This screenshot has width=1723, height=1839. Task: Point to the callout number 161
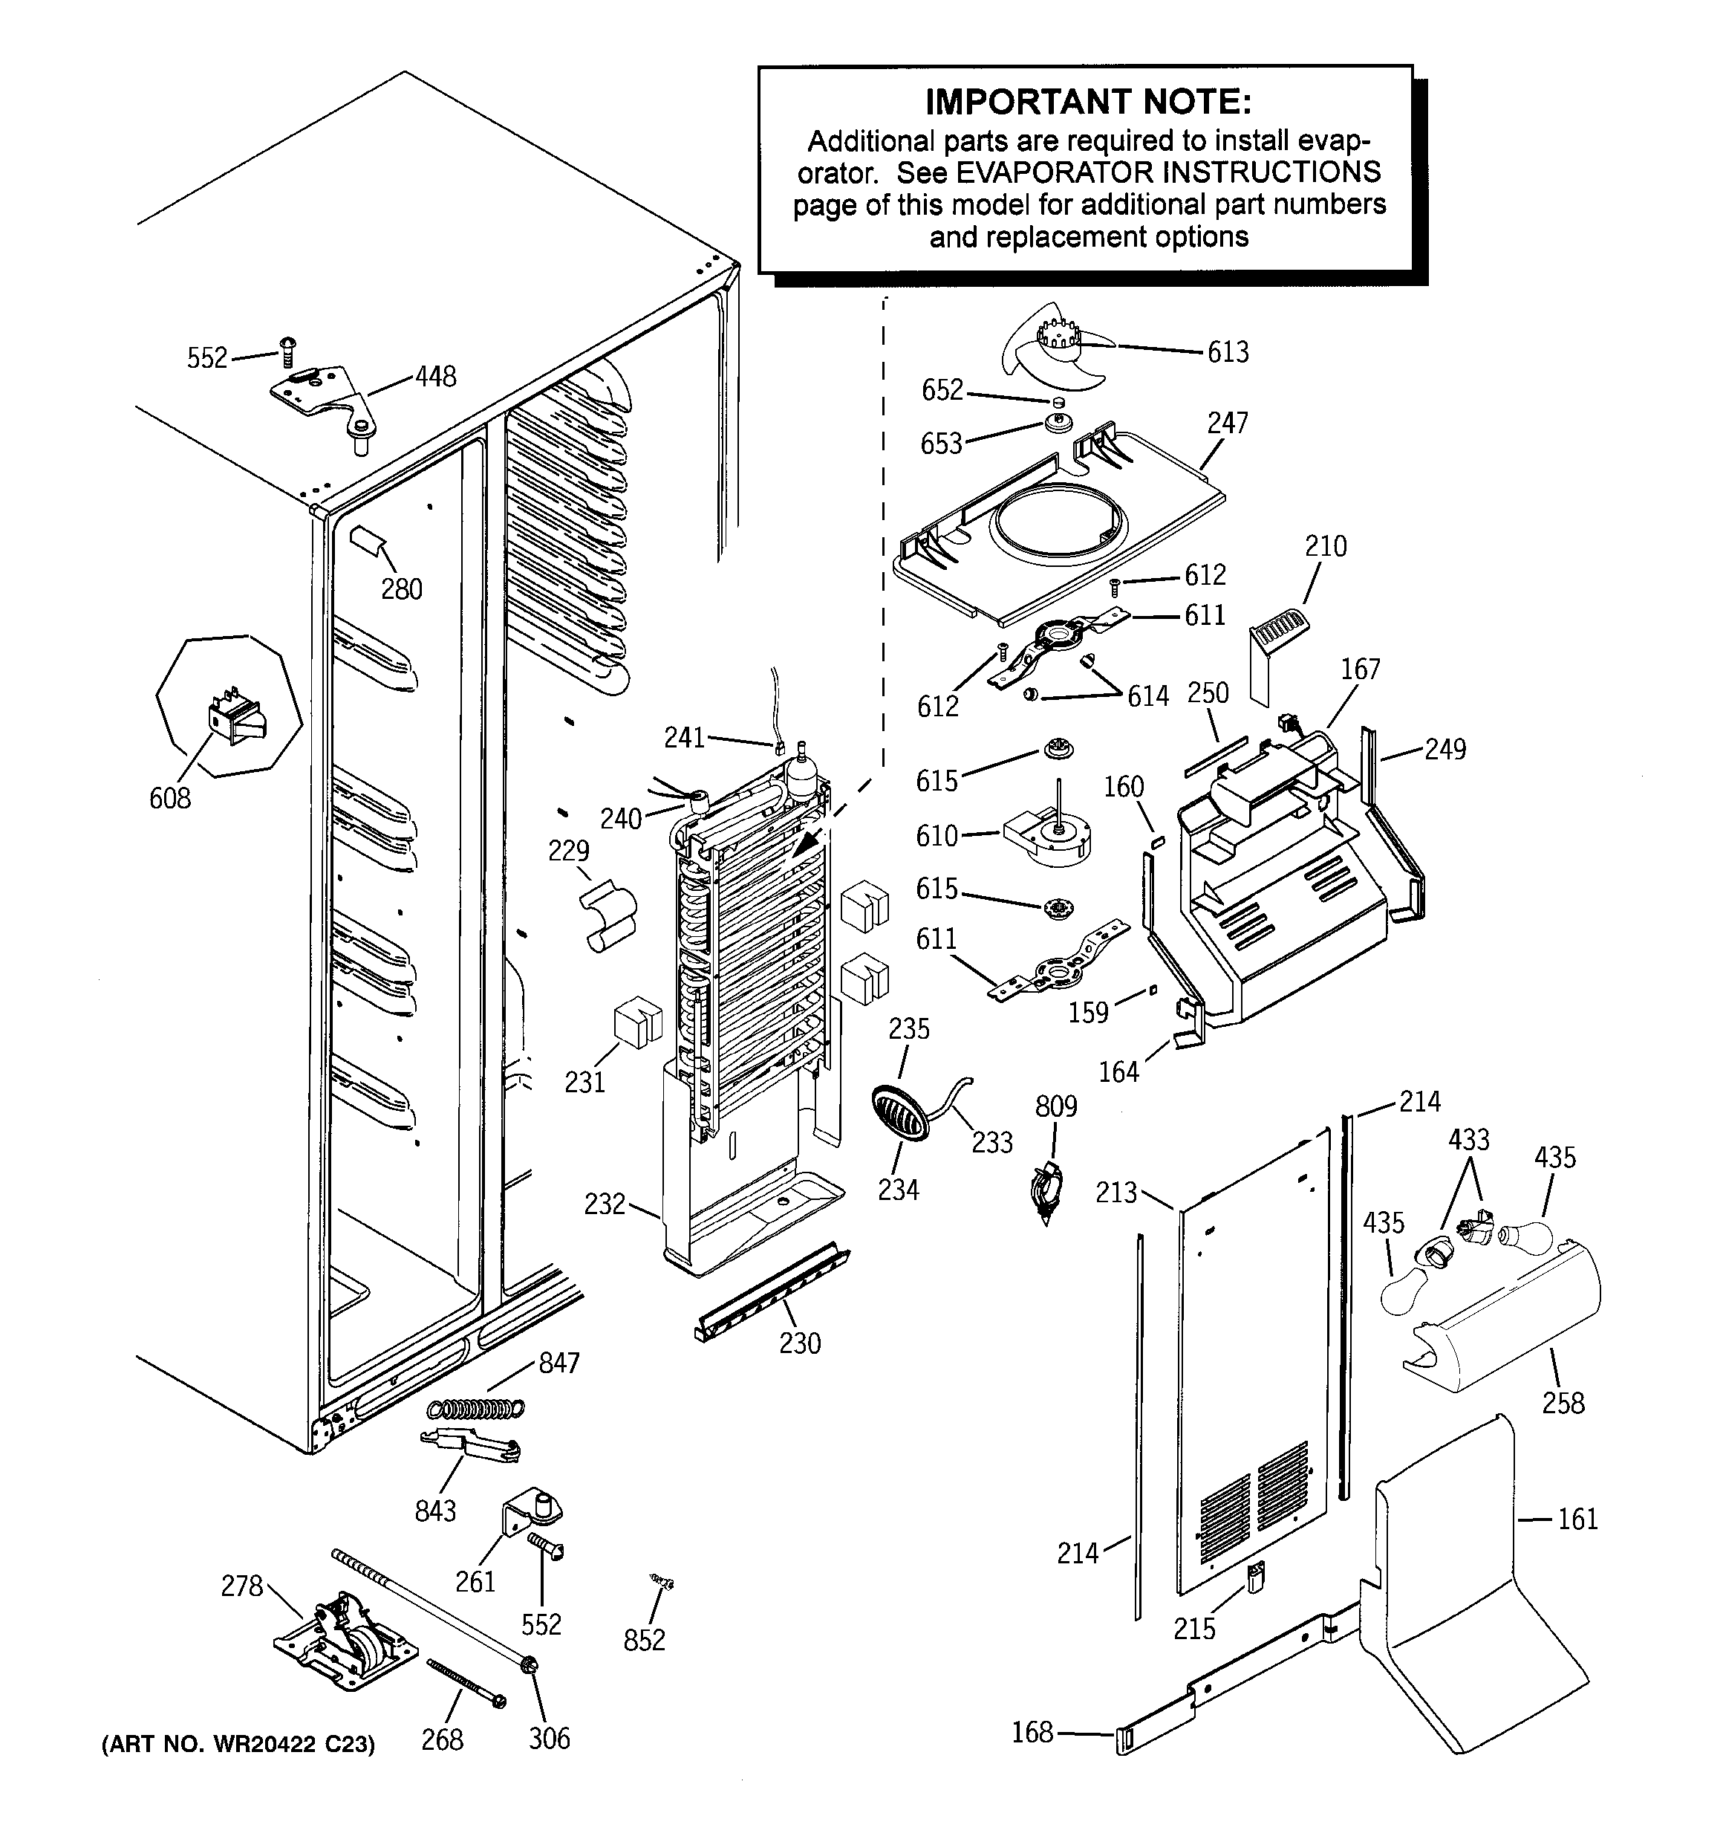tap(1577, 1519)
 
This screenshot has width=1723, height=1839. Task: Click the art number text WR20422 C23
tap(238, 1744)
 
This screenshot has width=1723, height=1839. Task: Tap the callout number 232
tap(605, 1204)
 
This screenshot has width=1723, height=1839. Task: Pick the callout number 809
tap(1055, 1106)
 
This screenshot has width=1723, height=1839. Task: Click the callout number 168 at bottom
tap(1032, 1732)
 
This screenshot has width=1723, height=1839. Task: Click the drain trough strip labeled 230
tap(770, 1293)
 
